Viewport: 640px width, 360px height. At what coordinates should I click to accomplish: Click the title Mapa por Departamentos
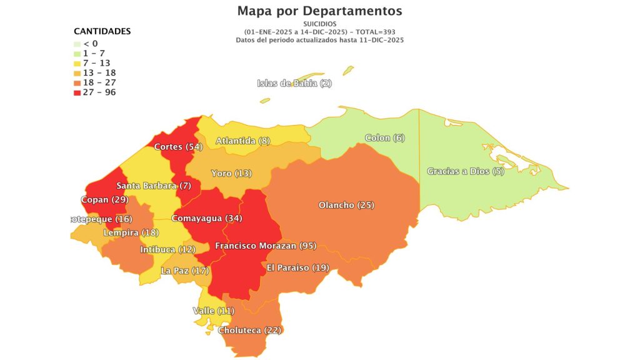pos(319,11)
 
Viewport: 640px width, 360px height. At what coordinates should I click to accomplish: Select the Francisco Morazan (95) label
pos(265,246)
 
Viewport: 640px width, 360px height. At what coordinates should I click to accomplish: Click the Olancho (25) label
pos(346,205)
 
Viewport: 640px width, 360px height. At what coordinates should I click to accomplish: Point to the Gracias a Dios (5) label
pos(465,171)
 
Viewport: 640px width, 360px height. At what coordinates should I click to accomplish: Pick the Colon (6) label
pos(385,137)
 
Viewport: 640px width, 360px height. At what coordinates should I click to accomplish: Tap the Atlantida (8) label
pos(242,141)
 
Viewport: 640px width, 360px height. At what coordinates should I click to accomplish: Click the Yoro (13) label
pos(231,173)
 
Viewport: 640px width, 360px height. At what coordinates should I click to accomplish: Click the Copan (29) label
pos(104,200)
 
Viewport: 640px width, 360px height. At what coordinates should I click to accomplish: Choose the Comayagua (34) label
pos(207,219)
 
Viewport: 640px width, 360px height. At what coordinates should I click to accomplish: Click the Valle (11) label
pos(213,311)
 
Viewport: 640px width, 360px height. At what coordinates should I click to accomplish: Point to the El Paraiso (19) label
pos(297,267)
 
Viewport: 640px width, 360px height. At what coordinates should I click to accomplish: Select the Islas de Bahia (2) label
pos(294,84)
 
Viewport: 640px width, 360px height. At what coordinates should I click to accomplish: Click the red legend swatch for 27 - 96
pos(77,92)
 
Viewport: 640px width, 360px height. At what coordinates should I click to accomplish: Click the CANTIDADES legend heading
pos(102,31)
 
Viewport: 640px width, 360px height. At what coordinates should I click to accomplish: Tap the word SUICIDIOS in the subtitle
pos(319,24)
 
